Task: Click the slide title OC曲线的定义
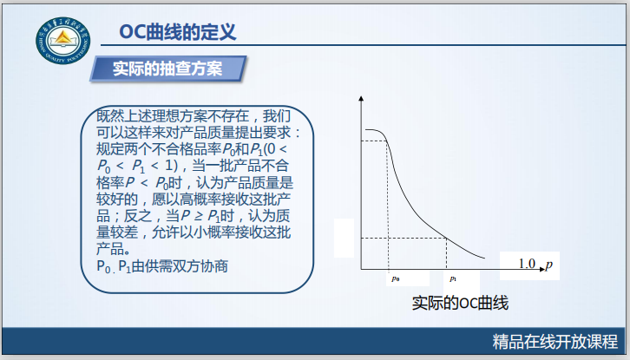(x=177, y=33)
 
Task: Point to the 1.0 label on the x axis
(x=528, y=263)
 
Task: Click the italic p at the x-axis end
(x=549, y=263)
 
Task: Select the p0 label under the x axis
(x=395, y=278)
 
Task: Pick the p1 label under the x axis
(x=452, y=278)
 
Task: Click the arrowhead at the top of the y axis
(x=361, y=101)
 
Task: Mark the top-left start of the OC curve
(x=366, y=130)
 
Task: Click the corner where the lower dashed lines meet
(x=446, y=238)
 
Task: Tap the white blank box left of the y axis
(x=345, y=240)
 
